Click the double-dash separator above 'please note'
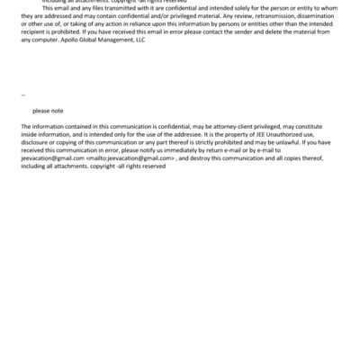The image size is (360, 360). (x=22, y=94)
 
